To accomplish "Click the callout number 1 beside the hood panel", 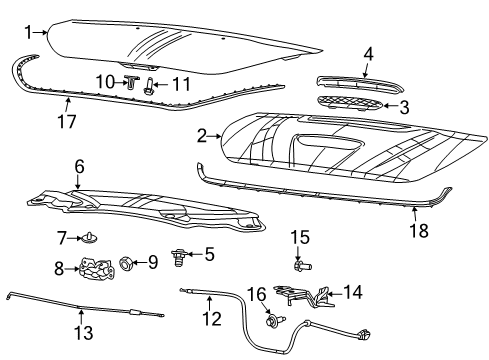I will [x=28, y=31].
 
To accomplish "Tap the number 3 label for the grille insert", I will [x=404, y=106].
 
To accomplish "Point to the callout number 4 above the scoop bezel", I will [x=368, y=54].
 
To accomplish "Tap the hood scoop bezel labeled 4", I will [x=349, y=81].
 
